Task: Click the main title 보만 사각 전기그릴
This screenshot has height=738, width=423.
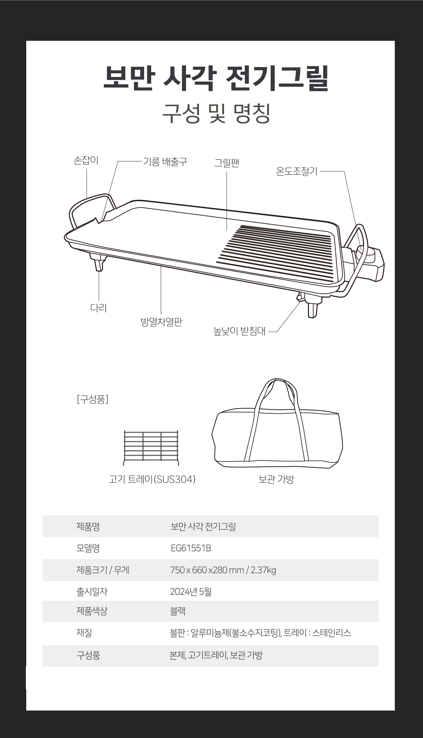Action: (216, 78)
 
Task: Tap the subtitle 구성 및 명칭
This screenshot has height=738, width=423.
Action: (216, 114)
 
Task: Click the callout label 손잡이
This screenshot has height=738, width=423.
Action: (86, 160)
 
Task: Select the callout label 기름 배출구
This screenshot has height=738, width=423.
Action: (165, 162)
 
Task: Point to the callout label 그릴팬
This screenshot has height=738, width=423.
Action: (226, 163)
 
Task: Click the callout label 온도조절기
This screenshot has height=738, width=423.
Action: (296, 171)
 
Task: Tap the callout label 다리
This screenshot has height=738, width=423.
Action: (98, 308)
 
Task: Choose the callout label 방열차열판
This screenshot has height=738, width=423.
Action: (161, 322)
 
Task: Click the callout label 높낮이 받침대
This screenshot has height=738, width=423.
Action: (239, 331)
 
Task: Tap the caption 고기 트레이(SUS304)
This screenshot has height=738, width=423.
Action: (152, 479)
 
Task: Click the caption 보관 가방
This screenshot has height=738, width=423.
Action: (276, 479)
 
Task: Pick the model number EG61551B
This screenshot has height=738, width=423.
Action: (191, 548)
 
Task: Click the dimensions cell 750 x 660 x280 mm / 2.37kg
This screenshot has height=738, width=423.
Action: (223, 570)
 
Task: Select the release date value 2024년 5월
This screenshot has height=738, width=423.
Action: (191, 592)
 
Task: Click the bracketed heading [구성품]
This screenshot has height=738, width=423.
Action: (93, 400)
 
